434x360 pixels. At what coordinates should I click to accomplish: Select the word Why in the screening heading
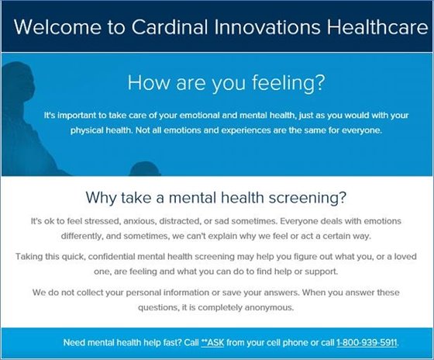(103, 196)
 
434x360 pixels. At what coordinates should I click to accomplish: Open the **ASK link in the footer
(212, 342)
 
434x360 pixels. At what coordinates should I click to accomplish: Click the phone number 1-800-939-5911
(366, 342)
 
